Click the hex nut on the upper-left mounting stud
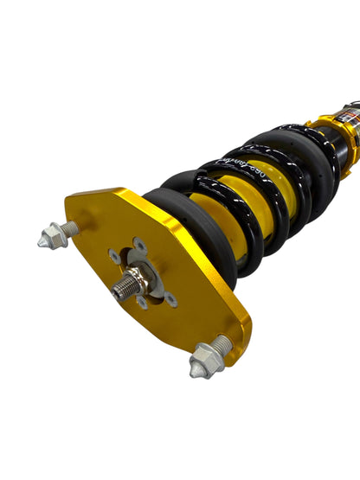[x=55, y=235]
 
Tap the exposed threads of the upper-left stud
[x=72, y=227]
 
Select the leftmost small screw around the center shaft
[x=113, y=257]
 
